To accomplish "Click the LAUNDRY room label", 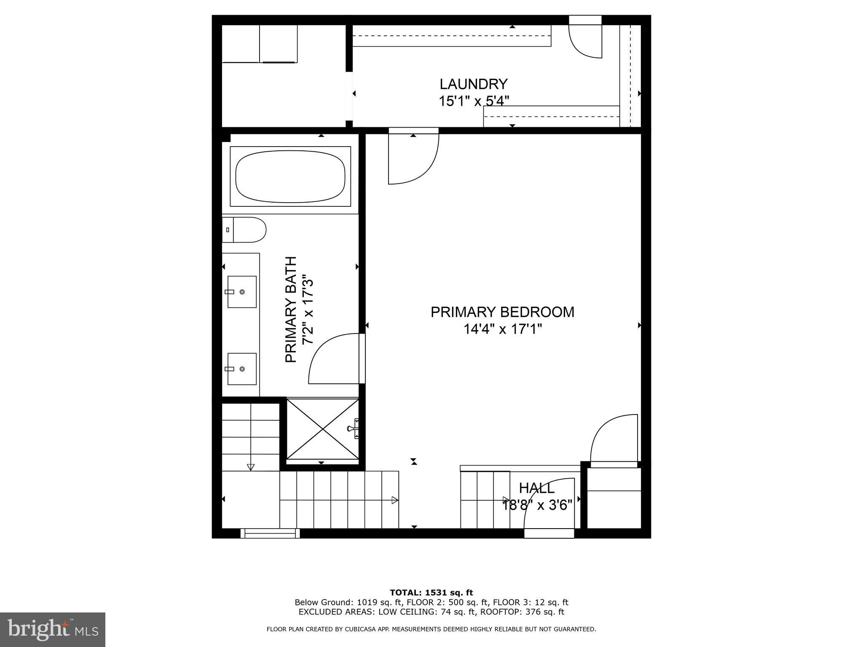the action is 474,84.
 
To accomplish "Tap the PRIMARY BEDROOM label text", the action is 502,312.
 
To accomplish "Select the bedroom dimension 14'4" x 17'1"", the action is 502,329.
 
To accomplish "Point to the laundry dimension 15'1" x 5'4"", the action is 474,101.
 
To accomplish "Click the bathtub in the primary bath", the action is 290,176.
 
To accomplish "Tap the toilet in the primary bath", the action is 244,230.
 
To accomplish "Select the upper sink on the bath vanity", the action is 242,292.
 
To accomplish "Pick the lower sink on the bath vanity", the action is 242,369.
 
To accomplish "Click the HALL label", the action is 537,488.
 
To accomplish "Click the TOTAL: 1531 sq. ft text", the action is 431,593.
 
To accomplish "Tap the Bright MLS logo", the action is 53,629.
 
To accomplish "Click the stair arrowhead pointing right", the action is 395,500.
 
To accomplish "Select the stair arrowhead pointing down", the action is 251,467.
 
